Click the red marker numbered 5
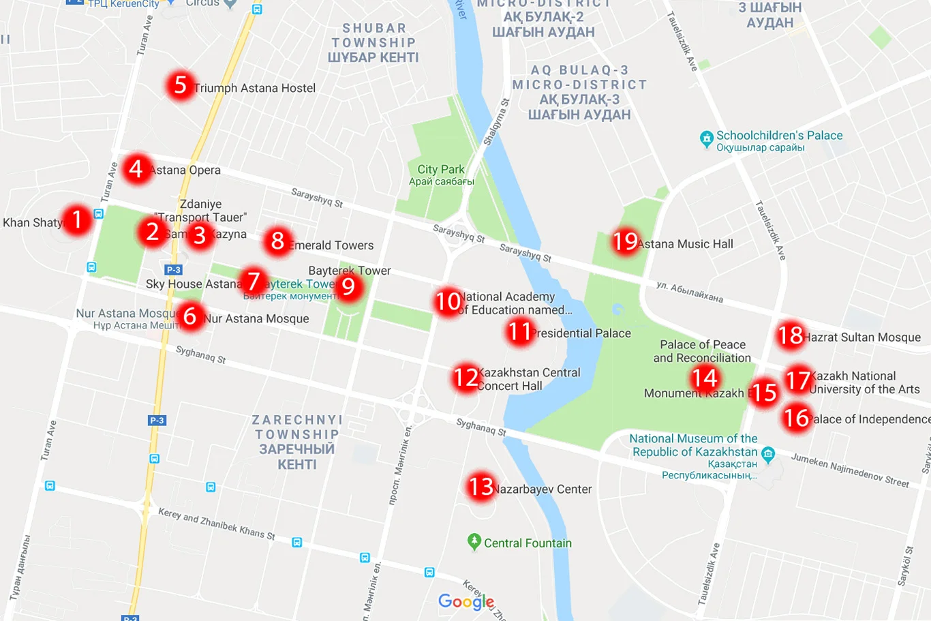180,86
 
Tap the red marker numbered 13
481,487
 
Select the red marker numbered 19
625,241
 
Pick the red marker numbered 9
348,286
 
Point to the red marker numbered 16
796,418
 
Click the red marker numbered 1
76,219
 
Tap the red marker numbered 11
519,332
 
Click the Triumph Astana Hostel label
254,88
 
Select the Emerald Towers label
331,245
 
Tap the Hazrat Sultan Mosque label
862,337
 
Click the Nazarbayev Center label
543,489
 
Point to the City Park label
441,170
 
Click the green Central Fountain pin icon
474,542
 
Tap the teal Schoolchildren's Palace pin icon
707,139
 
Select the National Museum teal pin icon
768,453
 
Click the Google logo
466,601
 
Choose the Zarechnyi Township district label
296,442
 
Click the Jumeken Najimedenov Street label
850,470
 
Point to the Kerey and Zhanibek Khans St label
217,523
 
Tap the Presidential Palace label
581,333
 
